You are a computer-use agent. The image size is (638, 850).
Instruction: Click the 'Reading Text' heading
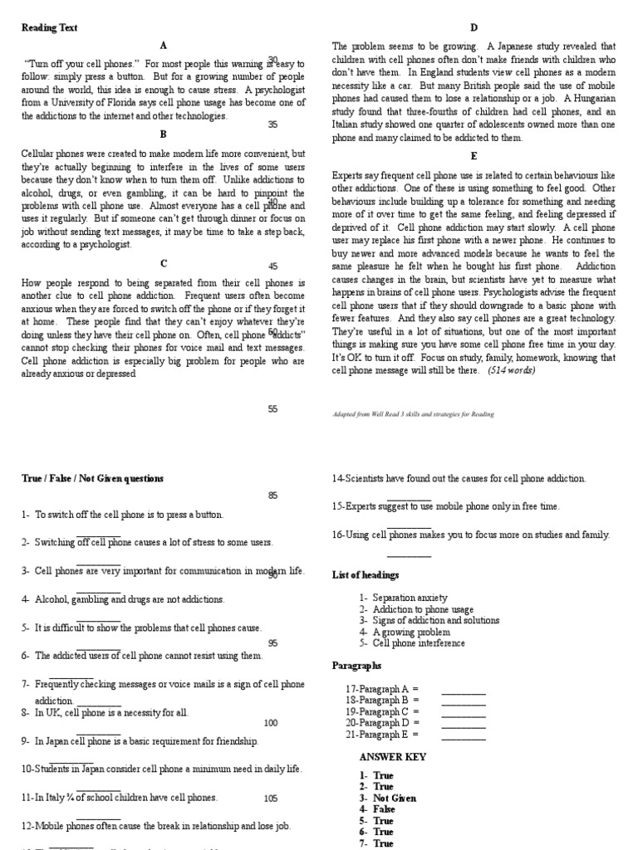49,27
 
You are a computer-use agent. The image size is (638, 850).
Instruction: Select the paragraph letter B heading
164,134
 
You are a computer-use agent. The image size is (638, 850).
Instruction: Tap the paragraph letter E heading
474,155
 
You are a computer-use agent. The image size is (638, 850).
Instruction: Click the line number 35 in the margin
272,125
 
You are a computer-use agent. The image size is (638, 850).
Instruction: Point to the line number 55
272,408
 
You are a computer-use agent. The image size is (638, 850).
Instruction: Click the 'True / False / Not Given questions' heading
92,478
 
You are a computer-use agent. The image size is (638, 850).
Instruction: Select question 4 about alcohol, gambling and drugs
123,598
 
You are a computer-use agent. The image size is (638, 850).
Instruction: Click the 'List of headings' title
365,574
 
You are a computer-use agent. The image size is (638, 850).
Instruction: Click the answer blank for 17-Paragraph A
463,689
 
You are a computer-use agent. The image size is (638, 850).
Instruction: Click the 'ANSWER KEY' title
392,757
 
